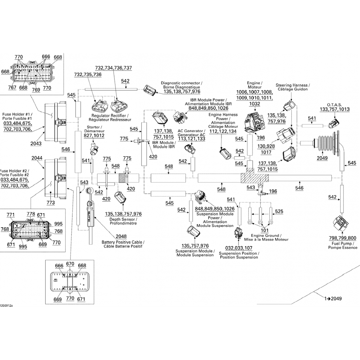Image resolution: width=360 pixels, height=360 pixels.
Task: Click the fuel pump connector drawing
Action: point(340,224)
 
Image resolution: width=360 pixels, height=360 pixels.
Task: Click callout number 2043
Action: point(36,143)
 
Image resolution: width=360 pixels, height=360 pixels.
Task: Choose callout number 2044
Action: point(36,158)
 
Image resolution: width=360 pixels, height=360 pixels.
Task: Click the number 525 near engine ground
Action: point(279,211)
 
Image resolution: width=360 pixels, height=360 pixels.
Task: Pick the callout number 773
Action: point(51,203)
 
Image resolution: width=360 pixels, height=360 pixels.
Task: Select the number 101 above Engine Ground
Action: point(265,230)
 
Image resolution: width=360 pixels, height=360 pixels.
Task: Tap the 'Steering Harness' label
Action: point(292,85)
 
